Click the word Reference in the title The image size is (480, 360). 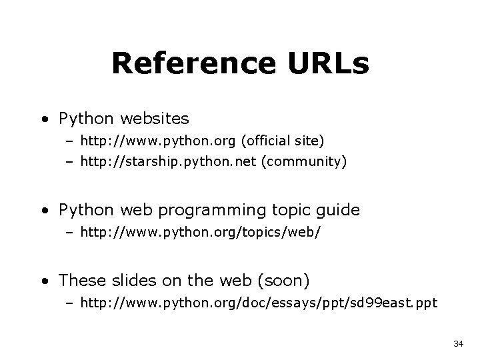191,63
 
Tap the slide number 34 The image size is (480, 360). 458,343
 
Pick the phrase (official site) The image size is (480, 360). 283,141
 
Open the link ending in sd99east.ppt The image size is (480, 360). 259,303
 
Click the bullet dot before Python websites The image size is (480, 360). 43,120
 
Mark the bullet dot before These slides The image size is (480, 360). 43,279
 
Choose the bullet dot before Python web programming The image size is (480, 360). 43,211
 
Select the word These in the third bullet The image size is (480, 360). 81,279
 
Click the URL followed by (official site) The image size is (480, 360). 159,141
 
